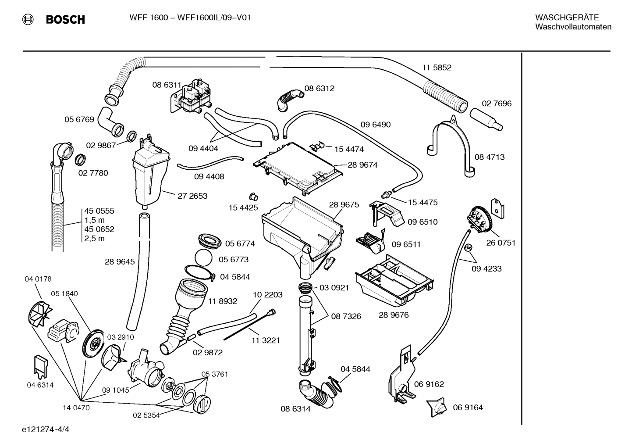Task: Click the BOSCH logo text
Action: pyautogui.click(x=65, y=20)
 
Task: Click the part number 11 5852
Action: pyautogui.click(x=437, y=68)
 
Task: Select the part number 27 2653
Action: pyautogui.click(x=192, y=196)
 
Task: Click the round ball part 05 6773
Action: pyautogui.click(x=204, y=258)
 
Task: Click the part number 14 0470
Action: pyautogui.click(x=76, y=408)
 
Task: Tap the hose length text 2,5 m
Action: pyautogui.click(x=95, y=239)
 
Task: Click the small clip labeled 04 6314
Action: pyautogui.click(x=40, y=366)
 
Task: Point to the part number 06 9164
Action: pyautogui.click(x=468, y=408)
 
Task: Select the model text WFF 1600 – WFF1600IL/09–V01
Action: pyautogui.click(x=190, y=18)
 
